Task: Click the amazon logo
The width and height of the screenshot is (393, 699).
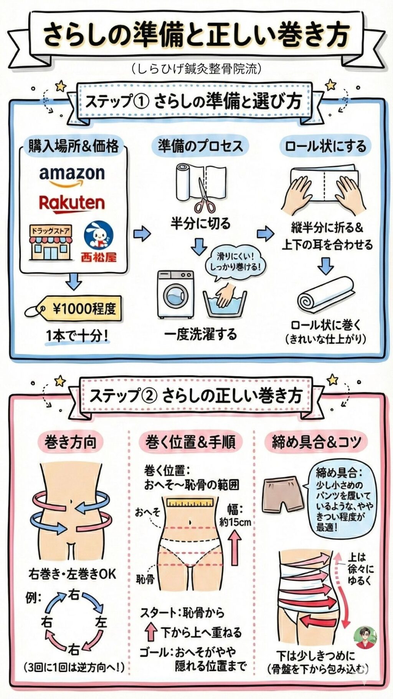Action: pyautogui.click(x=72, y=176)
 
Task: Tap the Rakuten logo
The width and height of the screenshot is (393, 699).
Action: pyautogui.click(x=72, y=204)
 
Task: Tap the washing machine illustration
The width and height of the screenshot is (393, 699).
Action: pyautogui.click(x=176, y=295)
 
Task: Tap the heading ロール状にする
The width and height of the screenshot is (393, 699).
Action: pyautogui.click(x=325, y=146)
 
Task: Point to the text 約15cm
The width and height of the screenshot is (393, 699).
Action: pyautogui.click(x=235, y=522)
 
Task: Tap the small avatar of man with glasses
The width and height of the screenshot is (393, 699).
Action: pyautogui.click(x=365, y=638)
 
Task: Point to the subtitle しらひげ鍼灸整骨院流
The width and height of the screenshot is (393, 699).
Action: pyautogui.click(x=196, y=68)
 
